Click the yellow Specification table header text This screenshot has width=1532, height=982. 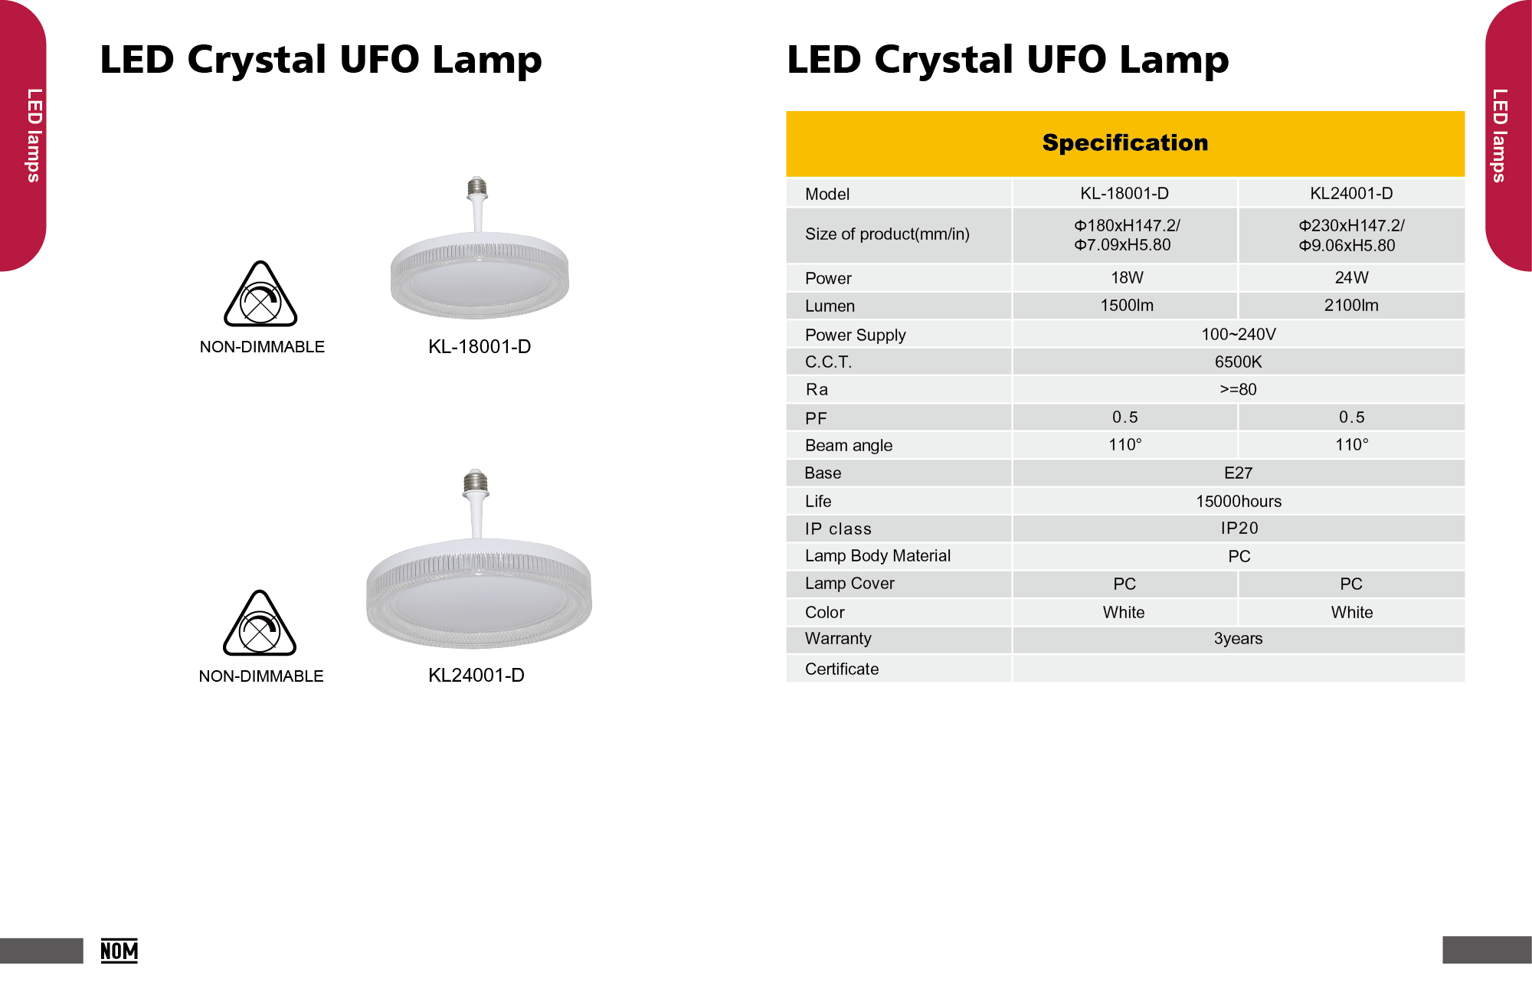[x=1124, y=143]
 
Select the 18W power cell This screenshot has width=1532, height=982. [x=1127, y=277]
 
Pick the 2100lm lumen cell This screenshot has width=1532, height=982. [x=1351, y=306]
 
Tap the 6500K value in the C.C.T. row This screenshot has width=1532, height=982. [x=1238, y=362]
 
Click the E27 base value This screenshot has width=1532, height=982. [x=1238, y=473]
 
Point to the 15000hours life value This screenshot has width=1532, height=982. [x=1238, y=501]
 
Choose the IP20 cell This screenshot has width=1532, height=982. [x=1239, y=528]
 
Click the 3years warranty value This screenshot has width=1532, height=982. [x=1238, y=639]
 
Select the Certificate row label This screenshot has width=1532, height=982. [x=841, y=669]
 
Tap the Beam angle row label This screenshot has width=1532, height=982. [x=848, y=445]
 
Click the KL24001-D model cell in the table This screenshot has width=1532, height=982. [x=1351, y=193]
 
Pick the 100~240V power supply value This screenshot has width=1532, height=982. [x=1238, y=334]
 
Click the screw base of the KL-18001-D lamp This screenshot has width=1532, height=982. [x=477, y=188]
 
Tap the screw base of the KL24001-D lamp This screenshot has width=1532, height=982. [x=476, y=482]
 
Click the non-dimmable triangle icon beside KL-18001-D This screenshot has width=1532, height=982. [x=260, y=296]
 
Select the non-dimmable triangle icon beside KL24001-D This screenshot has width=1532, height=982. [x=260, y=625]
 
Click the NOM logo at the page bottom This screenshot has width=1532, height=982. [x=119, y=951]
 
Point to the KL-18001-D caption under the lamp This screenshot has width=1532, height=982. [x=480, y=346]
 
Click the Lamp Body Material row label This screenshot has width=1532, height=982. [x=877, y=555]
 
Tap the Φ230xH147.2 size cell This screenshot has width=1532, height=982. [x=1351, y=235]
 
